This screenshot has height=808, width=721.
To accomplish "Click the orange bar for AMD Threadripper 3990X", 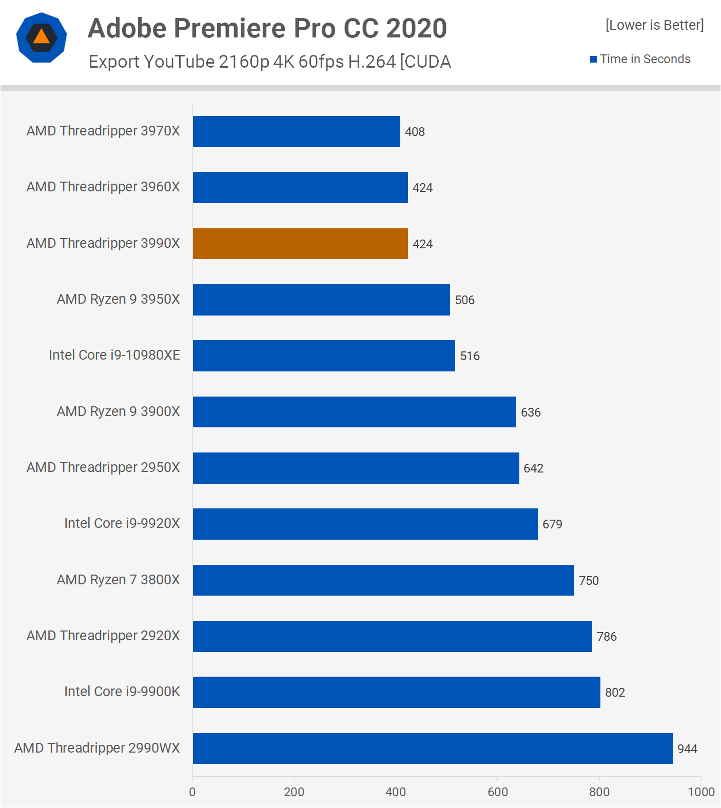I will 300,244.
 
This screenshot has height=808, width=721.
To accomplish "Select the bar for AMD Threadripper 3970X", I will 296,131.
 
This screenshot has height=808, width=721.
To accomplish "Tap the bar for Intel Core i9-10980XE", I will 324,356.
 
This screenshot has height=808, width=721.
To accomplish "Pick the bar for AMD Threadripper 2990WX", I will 433,748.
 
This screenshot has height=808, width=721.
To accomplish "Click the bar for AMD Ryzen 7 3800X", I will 383,580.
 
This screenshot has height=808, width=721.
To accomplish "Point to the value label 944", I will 687,749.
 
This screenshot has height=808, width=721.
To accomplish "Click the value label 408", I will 415,132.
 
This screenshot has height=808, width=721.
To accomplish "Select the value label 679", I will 552,524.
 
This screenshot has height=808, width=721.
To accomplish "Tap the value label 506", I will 464,300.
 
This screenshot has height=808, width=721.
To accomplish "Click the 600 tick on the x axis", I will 498,792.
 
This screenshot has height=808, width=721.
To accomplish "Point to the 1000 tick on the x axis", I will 701,792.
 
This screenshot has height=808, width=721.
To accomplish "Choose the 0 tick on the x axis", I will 192,792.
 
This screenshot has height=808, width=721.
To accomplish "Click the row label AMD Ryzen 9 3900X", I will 119,411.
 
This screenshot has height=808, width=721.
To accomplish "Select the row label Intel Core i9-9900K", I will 122,692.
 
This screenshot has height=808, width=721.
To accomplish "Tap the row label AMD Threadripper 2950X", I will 103,467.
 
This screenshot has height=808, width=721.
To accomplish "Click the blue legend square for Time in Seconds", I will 593,60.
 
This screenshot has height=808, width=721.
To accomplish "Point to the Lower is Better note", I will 654,25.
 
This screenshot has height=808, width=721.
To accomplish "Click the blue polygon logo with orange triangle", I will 42,37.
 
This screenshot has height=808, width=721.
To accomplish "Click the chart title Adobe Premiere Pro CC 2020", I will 267,28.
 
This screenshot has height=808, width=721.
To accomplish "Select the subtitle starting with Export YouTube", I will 269,62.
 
